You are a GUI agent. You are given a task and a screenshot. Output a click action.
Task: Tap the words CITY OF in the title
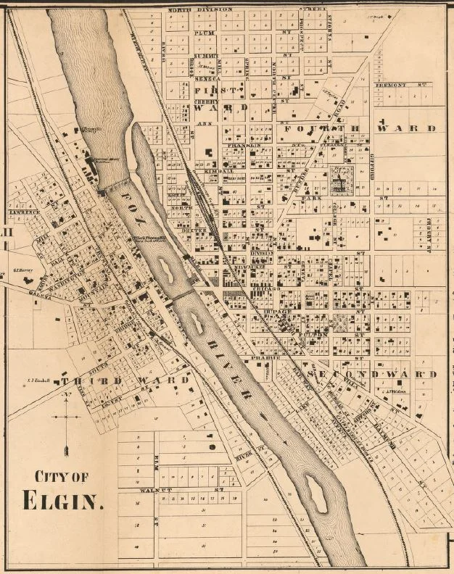coord(62,476)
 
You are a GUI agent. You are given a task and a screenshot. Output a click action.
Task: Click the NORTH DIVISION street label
coord(200,9)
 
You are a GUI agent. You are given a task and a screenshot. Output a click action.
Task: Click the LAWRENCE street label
coord(25,212)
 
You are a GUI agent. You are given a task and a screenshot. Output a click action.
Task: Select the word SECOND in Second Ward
coord(339,374)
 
